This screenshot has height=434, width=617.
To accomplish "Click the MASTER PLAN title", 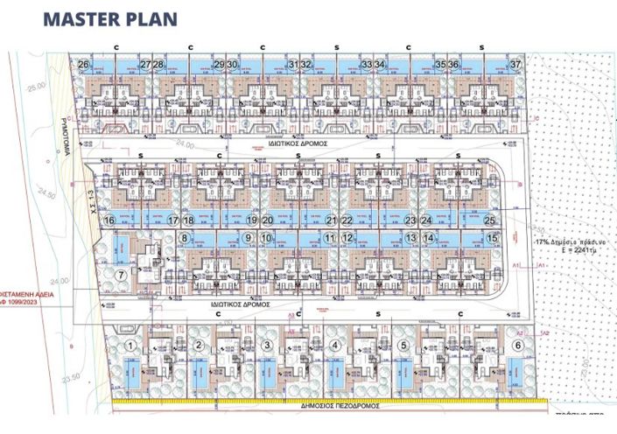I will point(109,18).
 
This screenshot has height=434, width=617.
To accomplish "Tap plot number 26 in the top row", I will point(83,65).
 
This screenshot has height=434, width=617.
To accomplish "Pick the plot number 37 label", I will point(516,65).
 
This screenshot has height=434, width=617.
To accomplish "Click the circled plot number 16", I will point(109,220).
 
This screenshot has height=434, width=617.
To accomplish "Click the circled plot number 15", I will point(493,237).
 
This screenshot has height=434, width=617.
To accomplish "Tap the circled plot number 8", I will point(185,237).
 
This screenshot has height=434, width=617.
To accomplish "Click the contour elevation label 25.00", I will point(36,88).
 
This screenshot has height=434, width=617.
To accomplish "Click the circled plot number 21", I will point(331,220).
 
